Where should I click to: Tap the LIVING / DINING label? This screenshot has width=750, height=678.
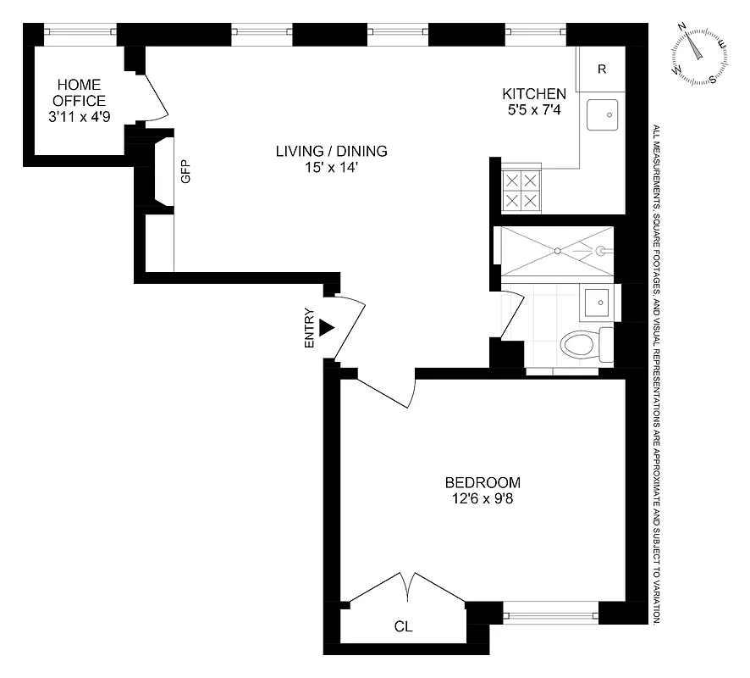point(331,152)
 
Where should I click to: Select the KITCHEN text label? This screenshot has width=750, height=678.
point(534,94)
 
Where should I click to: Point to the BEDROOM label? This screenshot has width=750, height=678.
point(483,482)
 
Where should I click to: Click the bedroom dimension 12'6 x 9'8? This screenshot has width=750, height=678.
point(483,499)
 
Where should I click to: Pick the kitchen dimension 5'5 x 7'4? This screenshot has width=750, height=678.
point(534,110)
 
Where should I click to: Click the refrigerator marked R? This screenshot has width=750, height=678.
point(602,69)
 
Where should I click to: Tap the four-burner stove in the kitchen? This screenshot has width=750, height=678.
point(521,191)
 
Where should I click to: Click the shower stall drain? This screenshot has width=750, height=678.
point(557,250)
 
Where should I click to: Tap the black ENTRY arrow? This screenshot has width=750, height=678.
point(326,328)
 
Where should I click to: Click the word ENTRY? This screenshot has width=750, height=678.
point(309,328)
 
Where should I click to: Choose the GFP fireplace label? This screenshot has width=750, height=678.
point(185,172)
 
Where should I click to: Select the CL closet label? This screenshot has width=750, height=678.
point(404,627)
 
